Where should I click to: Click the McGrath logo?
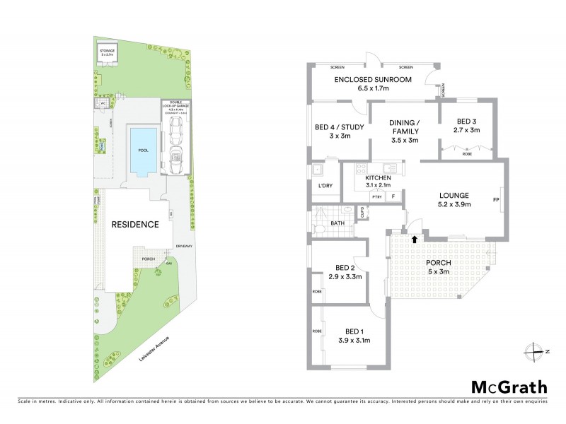tap(509, 387)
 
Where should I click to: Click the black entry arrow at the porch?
tap(414, 240)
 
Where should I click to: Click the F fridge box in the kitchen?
tap(393, 196)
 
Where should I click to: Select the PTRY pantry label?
tap(376, 196)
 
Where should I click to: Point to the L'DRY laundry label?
tap(325, 185)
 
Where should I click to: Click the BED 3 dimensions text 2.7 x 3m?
tap(466, 130)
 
